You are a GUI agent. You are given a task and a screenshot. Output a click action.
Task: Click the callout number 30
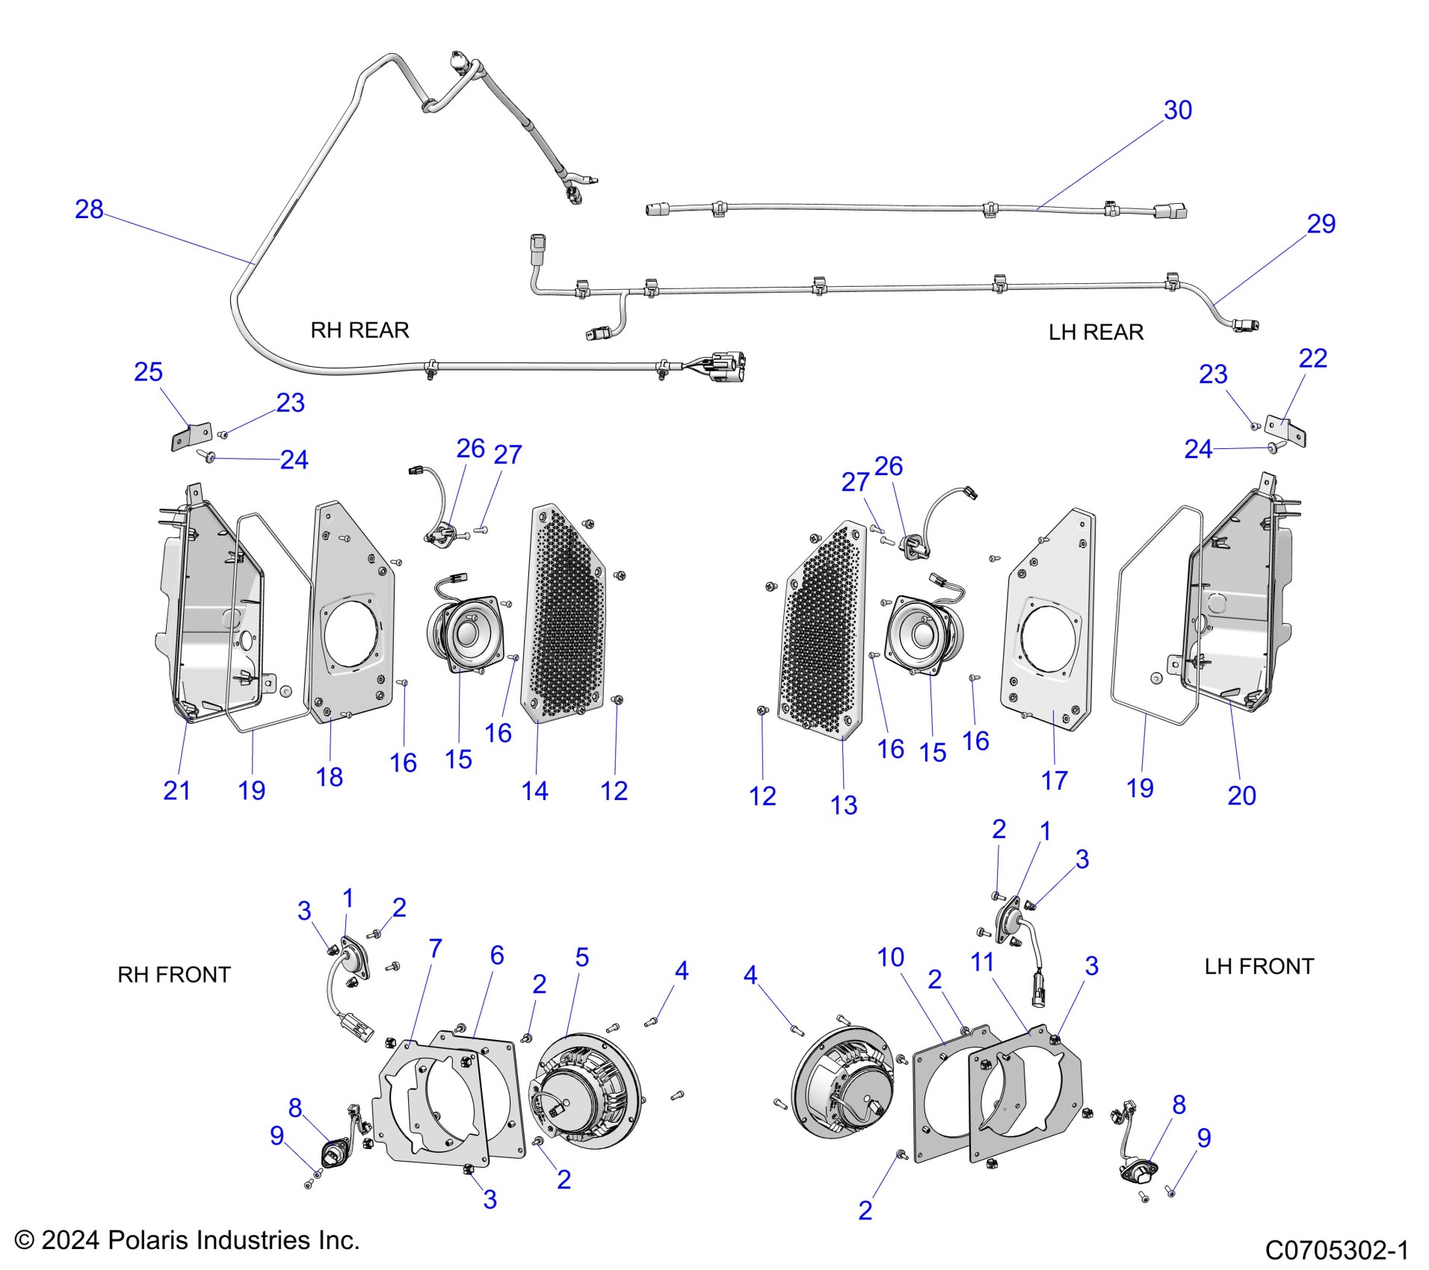click(x=1177, y=111)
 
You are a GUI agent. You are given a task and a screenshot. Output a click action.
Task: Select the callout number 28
click(x=89, y=209)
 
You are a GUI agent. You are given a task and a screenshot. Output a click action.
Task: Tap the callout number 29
click(x=1321, y=224)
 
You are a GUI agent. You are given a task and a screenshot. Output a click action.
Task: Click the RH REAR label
click(x=359, y=330)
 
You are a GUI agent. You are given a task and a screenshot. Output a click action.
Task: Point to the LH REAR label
click(x=1096, y=332)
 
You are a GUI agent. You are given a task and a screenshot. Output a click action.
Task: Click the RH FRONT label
click(x=174, y=974)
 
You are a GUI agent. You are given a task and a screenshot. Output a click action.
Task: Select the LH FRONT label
click(x=1259, y=966)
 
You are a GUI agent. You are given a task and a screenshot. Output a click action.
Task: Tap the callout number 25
click(x=148, y=372)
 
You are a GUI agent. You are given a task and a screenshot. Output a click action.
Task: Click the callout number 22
click(x=1312, y=359)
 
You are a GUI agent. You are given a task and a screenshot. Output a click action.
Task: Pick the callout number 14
click(x=534, y=791)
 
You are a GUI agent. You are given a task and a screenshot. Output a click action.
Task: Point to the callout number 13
click(x=844, y=805)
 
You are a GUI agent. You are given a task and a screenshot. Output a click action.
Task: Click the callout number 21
click(x=176, y=790)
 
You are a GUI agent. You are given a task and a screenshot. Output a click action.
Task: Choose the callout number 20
click(x=1241, y=796)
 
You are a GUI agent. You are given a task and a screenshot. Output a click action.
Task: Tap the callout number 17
click(x=1054, y=781)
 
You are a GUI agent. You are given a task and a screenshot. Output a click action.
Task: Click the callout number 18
click(x=329, y=777)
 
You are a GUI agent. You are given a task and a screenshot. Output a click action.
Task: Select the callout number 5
click(x=582, y=957)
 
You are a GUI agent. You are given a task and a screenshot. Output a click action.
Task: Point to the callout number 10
click(x=890, y=957)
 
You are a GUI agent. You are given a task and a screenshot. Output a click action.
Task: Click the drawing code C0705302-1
click(x=1336, y=1250)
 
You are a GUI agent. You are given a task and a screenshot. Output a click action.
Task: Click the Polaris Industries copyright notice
click(x=188, y=1240)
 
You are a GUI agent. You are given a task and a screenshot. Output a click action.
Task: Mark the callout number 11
click(x=982, y=962)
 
